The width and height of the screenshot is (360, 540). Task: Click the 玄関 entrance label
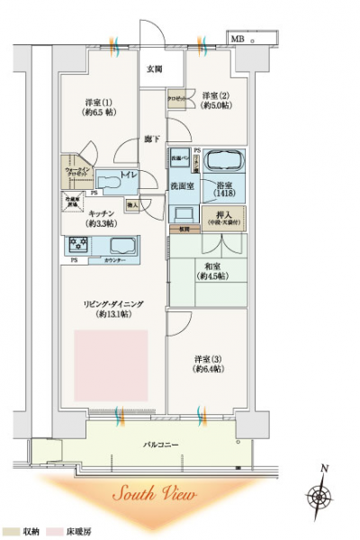click(x=154, y=68)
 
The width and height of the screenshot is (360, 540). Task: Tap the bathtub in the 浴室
click(x=226, y=163)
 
